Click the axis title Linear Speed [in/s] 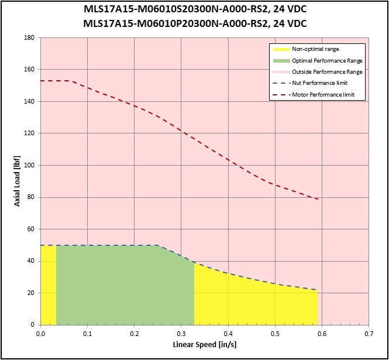[x=204, y=345]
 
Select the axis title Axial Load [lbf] [x=18, y=181]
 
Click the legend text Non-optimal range [x=315, y=49]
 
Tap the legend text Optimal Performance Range [x=327, y=60]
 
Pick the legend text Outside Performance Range [x=327, y=71]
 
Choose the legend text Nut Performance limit [x=319, y=83]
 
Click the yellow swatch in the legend [x=280, y=49]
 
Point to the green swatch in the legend [x=280, y=60]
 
